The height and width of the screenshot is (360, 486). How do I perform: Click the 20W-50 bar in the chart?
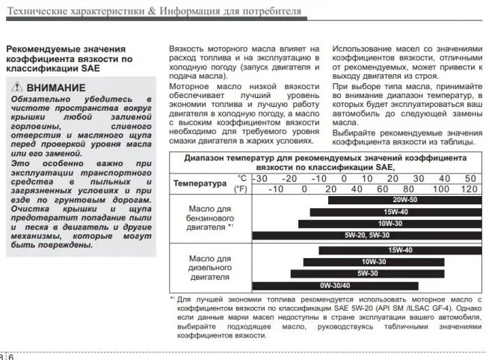point(404,201)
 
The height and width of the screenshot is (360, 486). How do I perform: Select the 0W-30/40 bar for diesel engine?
point(335,285)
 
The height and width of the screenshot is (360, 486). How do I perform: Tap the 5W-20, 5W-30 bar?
point(366,234)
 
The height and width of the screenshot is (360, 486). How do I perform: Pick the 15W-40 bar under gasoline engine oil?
point(395,212)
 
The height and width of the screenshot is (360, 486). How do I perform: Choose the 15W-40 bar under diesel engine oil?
point(400,251)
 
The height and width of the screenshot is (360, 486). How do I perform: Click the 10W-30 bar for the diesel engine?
point(374,262)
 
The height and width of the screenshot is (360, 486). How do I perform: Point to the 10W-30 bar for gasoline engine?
point(389,223)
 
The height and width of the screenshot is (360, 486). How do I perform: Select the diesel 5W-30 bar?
point(367,273)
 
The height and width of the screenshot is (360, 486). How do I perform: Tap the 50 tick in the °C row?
point(470,178)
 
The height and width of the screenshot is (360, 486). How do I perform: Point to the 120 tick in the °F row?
point(470,189)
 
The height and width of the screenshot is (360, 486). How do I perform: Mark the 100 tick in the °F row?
point(442,189)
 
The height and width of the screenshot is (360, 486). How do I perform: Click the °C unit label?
point(241,178)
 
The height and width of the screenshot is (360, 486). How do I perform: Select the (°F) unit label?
point(240,189)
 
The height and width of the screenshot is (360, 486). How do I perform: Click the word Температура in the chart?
point(200,183)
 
